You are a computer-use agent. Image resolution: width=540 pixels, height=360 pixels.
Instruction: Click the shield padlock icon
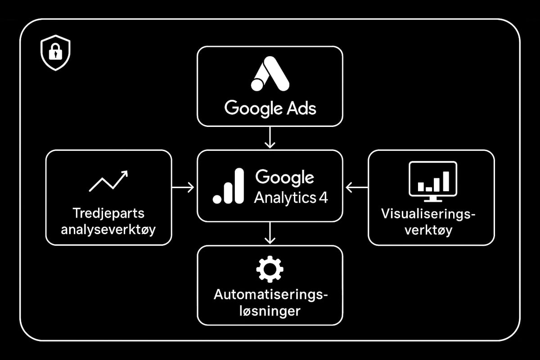pyautogui.click(x=55, y=53)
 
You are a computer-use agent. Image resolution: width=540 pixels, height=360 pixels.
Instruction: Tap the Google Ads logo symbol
pyautogui.click(x=270, y=74)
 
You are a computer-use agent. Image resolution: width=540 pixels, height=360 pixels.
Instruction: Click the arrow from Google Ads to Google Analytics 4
pyautogui.click(x=270, y=137)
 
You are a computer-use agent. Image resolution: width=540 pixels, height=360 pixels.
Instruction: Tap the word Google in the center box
pyautogui.click(x=284, y=177)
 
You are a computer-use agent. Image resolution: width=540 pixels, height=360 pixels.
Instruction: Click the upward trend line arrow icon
pyautogui.click(x=108, y=181)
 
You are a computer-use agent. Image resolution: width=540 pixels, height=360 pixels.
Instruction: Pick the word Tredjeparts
pyautogui.click(x=108, y=213)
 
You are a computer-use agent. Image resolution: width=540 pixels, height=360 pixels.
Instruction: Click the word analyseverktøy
pyautogui.click(x=108, y=229)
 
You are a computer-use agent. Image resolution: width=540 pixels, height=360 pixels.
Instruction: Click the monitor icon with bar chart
pyautogui.click(x=432, y=181)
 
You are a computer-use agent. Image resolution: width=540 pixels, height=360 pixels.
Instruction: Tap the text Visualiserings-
pyautogui.click(x=428, y=213)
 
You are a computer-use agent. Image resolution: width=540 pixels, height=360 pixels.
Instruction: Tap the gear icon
pyautogui.click(x=270, y=269)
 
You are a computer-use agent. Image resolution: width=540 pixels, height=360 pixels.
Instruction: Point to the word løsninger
pyautogui.click(x=270, y=311)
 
